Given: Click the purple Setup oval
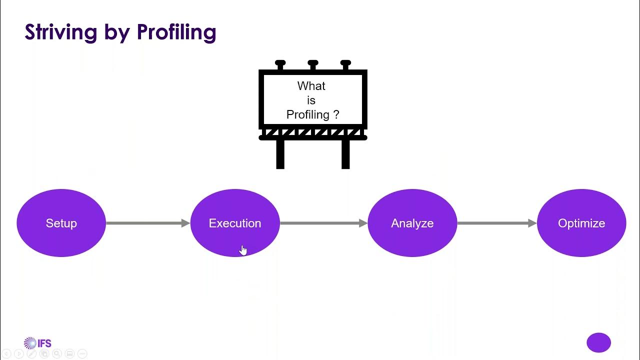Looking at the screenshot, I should [61, 223].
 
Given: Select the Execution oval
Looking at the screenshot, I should [235, 223].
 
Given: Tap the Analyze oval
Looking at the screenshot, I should [412, 223].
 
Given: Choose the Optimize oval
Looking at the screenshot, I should [581, 223].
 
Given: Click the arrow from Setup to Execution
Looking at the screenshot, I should [148, 223].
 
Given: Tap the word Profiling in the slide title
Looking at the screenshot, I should [176, 32].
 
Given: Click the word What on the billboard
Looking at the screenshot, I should [311, 86].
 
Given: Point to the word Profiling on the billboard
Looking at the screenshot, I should [308, 114].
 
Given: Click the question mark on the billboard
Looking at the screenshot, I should [336, 114].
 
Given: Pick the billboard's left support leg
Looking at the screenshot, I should [280, 154].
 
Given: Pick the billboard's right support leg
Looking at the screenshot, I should [345, 154].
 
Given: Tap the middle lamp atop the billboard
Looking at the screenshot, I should [313, 64].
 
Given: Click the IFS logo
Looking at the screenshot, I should [37, 343].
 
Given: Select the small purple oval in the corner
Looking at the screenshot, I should [598, 343].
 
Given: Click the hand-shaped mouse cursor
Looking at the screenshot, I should [243, 250].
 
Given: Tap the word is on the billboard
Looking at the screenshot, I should [311, 100].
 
